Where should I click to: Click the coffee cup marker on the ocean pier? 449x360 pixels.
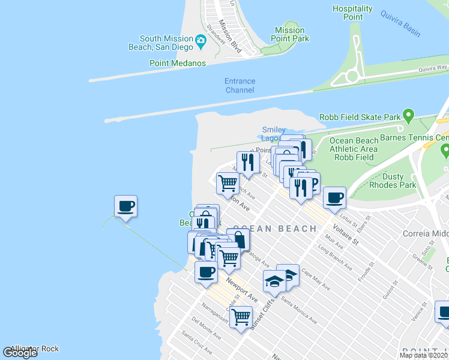125,207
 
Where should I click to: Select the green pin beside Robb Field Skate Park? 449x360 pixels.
409,114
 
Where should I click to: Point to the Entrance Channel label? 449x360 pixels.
240,85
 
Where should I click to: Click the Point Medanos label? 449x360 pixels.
178,63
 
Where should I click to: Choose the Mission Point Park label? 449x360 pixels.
291,34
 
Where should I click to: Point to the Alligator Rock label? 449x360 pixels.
34,349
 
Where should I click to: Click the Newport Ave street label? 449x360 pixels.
242,290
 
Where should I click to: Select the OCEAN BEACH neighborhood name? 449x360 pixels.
274,229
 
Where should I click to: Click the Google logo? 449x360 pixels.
20,353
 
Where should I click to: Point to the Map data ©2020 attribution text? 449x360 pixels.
423,355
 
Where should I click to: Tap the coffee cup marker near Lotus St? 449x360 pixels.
334,196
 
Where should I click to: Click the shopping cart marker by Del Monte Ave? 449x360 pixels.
241,316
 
